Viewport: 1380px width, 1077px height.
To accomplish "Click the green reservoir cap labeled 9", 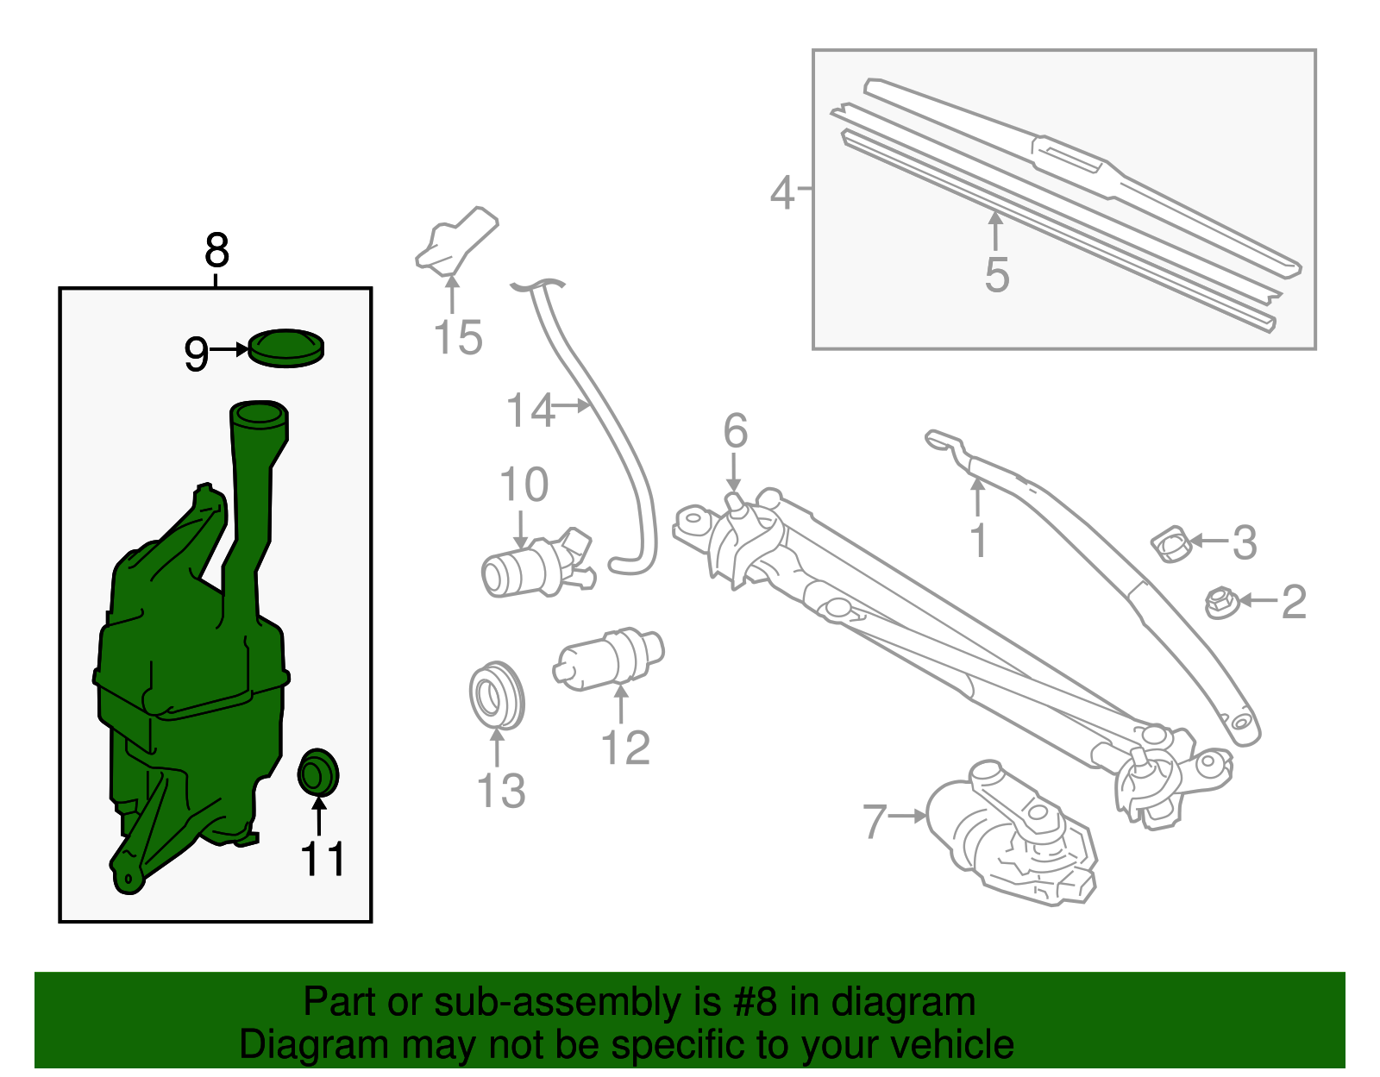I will pyautogui.click(x=286, y=348).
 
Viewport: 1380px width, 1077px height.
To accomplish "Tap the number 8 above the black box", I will pyautogui.click(x=216, y=251).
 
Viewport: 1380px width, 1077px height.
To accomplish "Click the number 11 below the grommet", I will pyautogui.click(x=323, y=859).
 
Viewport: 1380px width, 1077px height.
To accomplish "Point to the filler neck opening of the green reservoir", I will pyautogui.click(x=257, y=415).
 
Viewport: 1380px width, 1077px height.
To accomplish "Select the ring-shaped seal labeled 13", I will pyautogui.click(x=497, y=695).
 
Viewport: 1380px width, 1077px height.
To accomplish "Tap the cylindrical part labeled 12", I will pyautogui.click(x=608, y=661).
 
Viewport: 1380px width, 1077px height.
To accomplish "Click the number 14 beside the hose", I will pyautogui.click(x=530, y=410).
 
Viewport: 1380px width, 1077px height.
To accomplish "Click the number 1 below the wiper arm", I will pyautogui.click(x=977, y=541).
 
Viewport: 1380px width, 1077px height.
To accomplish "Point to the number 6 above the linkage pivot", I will pyautogui.click(x=735, y=430).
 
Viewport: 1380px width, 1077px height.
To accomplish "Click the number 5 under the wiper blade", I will pyautogui.click(x=996, y=275).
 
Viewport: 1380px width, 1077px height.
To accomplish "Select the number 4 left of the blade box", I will pyautogui.click(x=781, y=192).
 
